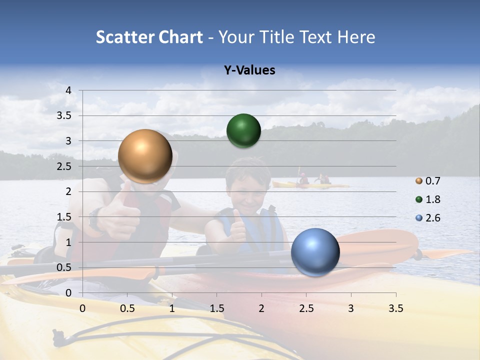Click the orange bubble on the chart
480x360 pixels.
[x=145, y=156]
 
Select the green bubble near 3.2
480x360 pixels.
[x=243, y=131]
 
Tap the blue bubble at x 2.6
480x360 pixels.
[x=315, y=251]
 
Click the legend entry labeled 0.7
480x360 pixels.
[x=428, y=181]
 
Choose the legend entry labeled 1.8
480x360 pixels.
[x=428, y=199]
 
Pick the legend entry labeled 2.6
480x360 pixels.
[x=428, y=218]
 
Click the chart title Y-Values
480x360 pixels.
[x=249, y=70]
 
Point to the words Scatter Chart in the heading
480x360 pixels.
[x=149, y=37]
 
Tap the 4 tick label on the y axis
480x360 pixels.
[x=69, y=90]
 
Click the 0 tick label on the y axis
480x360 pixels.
[x=69, y=293]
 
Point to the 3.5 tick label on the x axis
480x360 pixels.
[x=395, y=308]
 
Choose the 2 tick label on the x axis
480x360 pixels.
[x=261, y=308]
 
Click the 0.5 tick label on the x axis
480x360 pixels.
[x=127, y=308]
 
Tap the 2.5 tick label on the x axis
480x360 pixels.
[x=306, y=308]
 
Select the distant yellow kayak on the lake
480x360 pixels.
[x=310, y=185]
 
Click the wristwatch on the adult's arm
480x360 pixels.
[x=95, y=220]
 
